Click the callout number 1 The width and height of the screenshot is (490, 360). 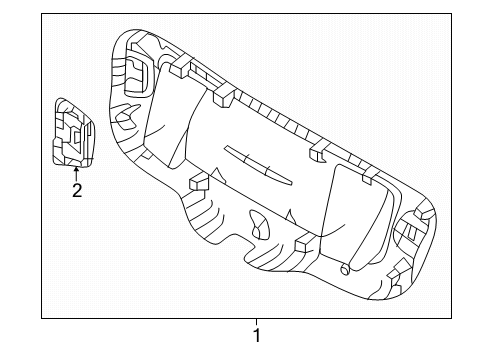point(257,335)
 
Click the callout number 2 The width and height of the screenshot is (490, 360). point(77,190)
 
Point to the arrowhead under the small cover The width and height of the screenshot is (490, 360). point(76,169)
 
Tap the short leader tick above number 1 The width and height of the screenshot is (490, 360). point(257,322)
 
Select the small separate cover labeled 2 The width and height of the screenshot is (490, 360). point(73,132)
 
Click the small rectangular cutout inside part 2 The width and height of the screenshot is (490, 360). point(77,136)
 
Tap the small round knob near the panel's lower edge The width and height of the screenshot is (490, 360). point(345,270)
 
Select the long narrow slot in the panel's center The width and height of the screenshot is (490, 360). point(258,165)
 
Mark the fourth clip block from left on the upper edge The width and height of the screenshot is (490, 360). point(370,176)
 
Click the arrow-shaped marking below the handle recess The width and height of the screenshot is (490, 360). point(126,115)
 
